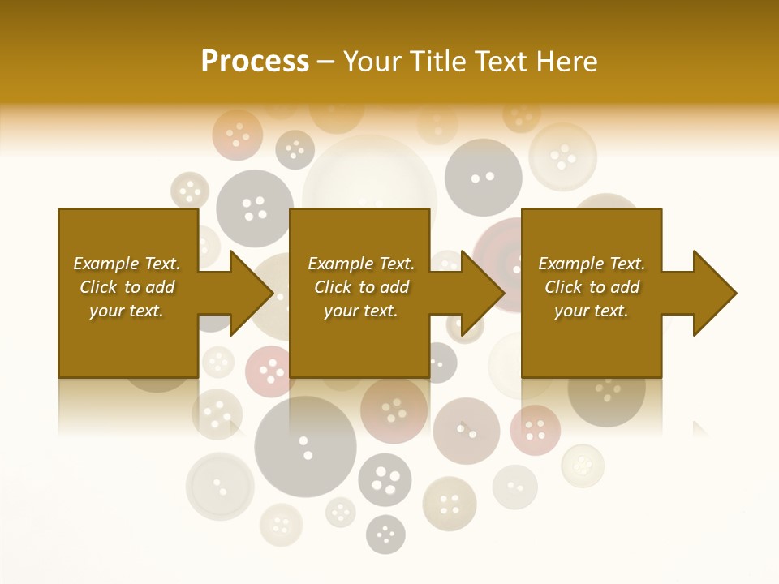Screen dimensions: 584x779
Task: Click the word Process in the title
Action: click(255, 62)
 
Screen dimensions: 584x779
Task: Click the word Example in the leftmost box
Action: click(105, 264)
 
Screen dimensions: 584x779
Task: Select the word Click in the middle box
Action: click(332, 287)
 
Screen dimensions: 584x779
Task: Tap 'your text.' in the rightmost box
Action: click(591, 311)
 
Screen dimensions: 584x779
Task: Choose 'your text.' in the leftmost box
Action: click(126, 311)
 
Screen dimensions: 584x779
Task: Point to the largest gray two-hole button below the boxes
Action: click(305, 444)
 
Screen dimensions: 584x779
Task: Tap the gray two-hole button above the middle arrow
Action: click(483, 177)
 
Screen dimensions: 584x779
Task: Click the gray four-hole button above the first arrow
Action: click(254, 208)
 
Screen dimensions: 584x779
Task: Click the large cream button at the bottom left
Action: click(220, 486)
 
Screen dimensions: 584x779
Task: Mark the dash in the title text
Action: click(326, 62)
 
